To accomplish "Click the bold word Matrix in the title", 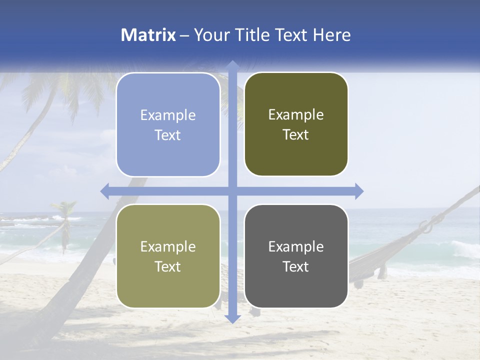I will pyautogui.click(x=148, y=35).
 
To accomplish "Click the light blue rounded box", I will pyautogui.click(x=168, y=124).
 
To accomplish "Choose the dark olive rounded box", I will pyautogui.click(x=296, y=124).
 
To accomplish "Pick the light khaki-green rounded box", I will pyautogui.click(x=168, y=256).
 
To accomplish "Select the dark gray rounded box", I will pyautogui.click(x=296, y=256).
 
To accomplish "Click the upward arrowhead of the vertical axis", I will pyautogui.click(x=232, y=65).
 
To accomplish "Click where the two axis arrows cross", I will pyautogui.click(x=232, y=191).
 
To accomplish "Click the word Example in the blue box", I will pyautogui.click(x=168, y=115).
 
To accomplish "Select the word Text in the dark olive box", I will pyautogui.click(x=296, y=135).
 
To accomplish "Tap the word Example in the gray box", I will pyautogui.click(x=296, y=246).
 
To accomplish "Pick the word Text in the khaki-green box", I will pyautogui.click(x=168, y=266).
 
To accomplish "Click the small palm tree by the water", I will pyautogui.click(x=64, y=220).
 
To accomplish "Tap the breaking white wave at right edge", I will pyautogui.click(x=465, y=248).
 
